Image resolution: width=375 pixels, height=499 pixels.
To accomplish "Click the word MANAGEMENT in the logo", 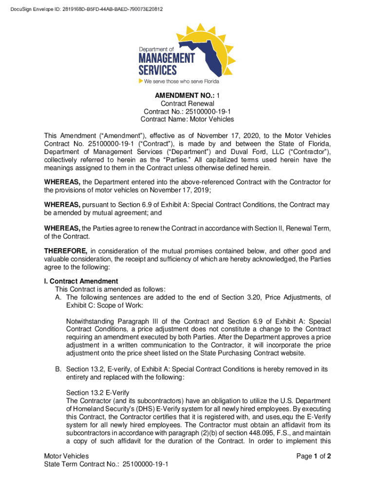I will pos(167,58).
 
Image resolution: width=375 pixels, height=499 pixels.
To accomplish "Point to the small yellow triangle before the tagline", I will pos(140,81).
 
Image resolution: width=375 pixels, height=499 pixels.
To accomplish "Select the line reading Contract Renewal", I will pos(187,103).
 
